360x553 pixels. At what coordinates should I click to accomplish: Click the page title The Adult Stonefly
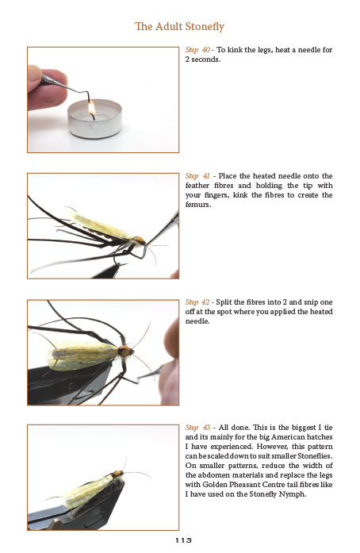(x=179, y=26)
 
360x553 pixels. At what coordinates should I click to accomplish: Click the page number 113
(x=183, y=540)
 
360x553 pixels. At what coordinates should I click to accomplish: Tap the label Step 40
(x=197, y=50)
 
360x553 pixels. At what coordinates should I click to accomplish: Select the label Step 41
(x=197, y=176)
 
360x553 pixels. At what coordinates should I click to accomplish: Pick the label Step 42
(x=197, y=302)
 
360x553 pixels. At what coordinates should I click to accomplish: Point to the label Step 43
(x=197, y=428)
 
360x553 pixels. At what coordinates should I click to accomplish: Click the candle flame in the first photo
(x=92, y=107)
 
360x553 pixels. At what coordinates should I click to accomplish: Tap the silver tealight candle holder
(x=94, y=119)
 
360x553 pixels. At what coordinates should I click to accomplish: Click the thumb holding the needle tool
(x=34, y=76)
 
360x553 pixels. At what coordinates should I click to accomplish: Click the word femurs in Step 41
(x=198, y=205)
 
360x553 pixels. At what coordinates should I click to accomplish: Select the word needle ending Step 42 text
(x=197, y=321)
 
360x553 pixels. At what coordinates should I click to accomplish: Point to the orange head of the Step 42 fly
(x=124, y=351)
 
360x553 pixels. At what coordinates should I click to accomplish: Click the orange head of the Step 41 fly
(x=140, y=240)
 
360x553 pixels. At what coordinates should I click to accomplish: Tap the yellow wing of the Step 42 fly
(x=83, y=355)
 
